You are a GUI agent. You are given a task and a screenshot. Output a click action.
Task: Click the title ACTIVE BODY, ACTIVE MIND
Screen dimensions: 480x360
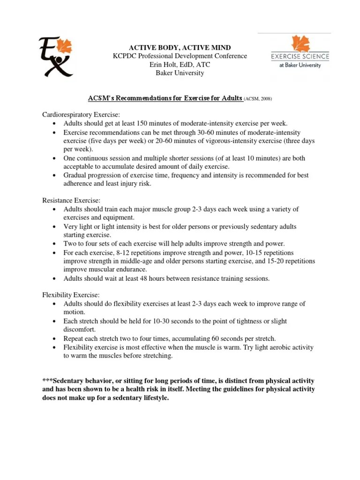pos(180,48)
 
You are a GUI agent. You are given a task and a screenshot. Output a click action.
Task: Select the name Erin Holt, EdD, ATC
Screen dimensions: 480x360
pos(180,65)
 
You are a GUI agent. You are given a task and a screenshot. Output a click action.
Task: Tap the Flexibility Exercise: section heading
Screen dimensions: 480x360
pos(70,295)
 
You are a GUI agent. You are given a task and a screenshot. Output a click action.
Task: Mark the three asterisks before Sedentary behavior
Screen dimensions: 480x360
pos(47,380)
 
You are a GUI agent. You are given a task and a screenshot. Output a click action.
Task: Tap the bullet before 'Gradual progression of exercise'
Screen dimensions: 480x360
pos(55,175)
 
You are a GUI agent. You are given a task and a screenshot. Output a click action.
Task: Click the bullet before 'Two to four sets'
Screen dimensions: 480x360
pos(55,244)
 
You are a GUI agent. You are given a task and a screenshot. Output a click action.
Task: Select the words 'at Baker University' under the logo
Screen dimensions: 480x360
pos(300,65)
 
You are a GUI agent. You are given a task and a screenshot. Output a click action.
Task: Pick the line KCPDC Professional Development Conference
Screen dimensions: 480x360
pos(180,56)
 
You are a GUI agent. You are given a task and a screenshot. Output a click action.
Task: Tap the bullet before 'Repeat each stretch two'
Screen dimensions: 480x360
pos(55,338)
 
